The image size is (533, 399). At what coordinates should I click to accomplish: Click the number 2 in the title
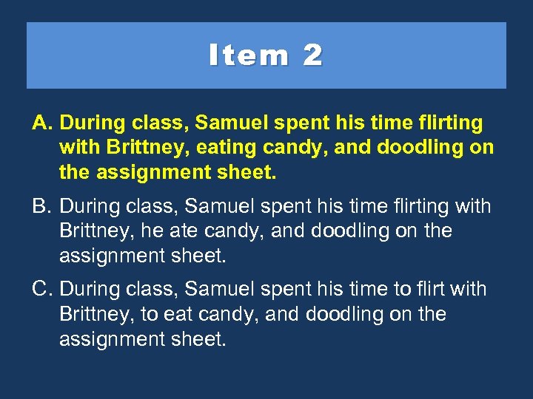click(x=312, y=55)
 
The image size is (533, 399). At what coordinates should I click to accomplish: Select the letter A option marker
click(x=41, y=123)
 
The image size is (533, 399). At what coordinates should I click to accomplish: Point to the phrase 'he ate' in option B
click(x=167, y=231)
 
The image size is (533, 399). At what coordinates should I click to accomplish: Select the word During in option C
click(x=93, y=289)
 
